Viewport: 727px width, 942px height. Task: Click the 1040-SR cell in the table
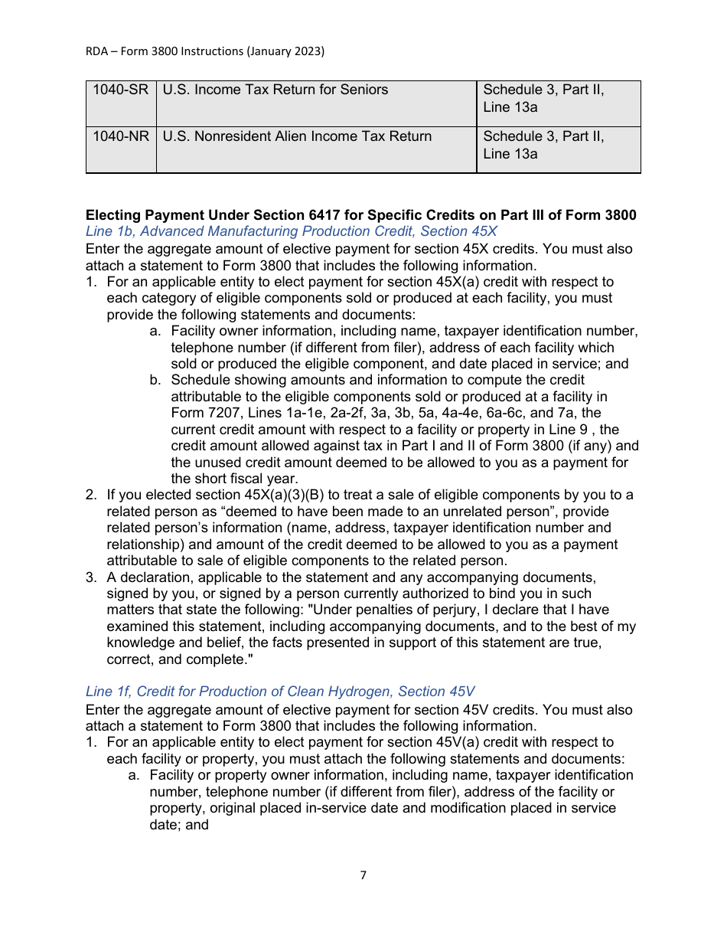[120, 90]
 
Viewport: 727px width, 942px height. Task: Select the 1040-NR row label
[120, 137]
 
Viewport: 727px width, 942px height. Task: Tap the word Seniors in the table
[363, 90]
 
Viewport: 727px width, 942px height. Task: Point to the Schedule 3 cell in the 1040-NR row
[543, 146]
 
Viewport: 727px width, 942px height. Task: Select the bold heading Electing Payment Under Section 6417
[360, 215]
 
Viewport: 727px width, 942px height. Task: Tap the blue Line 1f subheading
[280, 692]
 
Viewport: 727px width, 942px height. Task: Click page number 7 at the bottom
[363, 875]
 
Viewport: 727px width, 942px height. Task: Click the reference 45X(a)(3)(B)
[280, 496]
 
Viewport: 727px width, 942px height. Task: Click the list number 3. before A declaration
[91, 577]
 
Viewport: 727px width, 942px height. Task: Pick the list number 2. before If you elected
[91, 496]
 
